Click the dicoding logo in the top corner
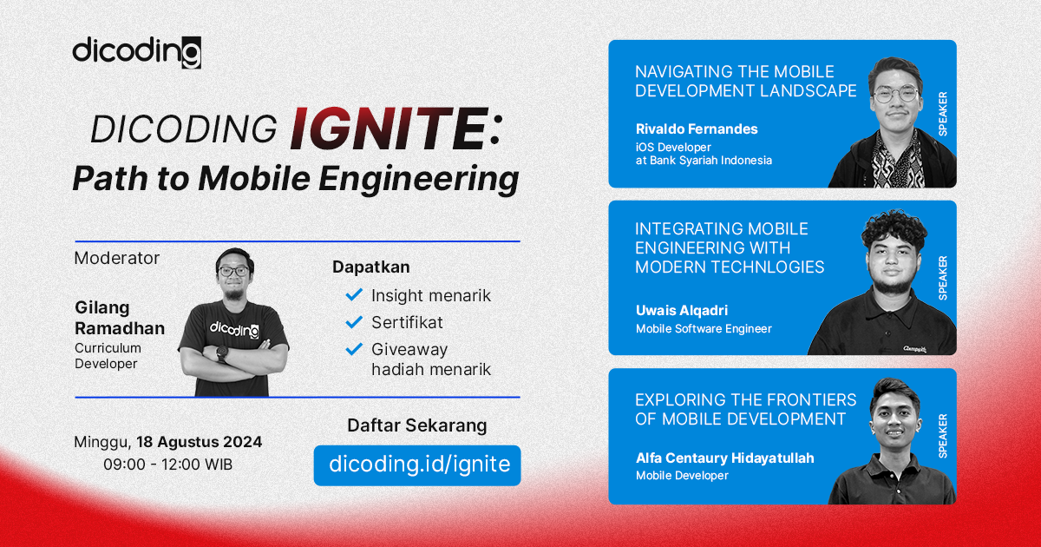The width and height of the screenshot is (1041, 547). coord(136,51)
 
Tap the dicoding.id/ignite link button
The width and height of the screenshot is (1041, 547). coord(418,465)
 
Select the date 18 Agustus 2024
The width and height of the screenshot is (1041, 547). coord(199,442)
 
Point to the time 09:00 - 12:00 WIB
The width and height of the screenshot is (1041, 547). coord(167,465)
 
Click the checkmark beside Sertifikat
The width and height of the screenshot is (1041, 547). coord(354,322)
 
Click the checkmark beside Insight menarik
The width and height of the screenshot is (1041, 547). coord(354,295)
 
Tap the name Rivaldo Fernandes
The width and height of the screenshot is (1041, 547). coord(697,129)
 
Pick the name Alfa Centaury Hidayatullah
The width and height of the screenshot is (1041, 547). coord(724,458)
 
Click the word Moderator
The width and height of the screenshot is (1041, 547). coord(117,258)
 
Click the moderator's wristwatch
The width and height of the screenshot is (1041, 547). coord(222,353)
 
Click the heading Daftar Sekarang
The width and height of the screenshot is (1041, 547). coord(416,425)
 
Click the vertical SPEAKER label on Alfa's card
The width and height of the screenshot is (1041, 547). coord(942,436)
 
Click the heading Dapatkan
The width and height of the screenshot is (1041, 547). coord(370,267)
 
